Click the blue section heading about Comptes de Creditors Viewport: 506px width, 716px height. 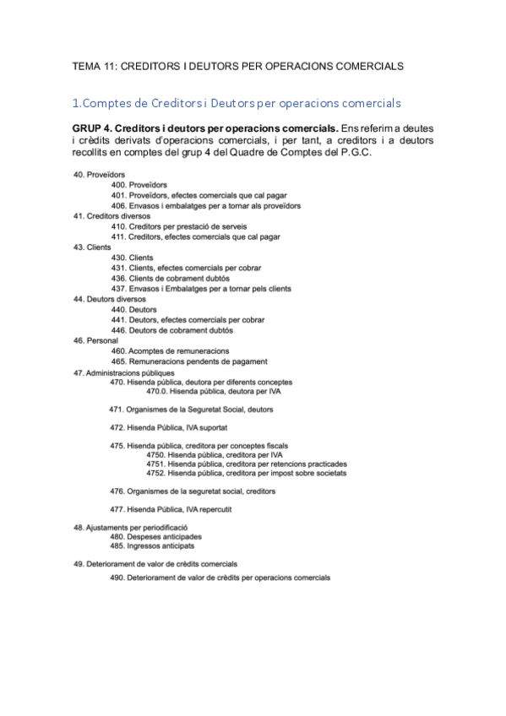pyautogui.click(x=237, y=103)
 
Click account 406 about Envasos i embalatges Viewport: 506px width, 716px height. pyautogui.click(x=206, y=205)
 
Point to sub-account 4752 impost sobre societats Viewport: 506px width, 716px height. pyautogui.click(x=245, y=473)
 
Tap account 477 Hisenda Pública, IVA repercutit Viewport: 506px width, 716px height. pyautogui.click(x=171, y=510)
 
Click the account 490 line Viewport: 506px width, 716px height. pyautogui.click(x=220, y=578)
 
